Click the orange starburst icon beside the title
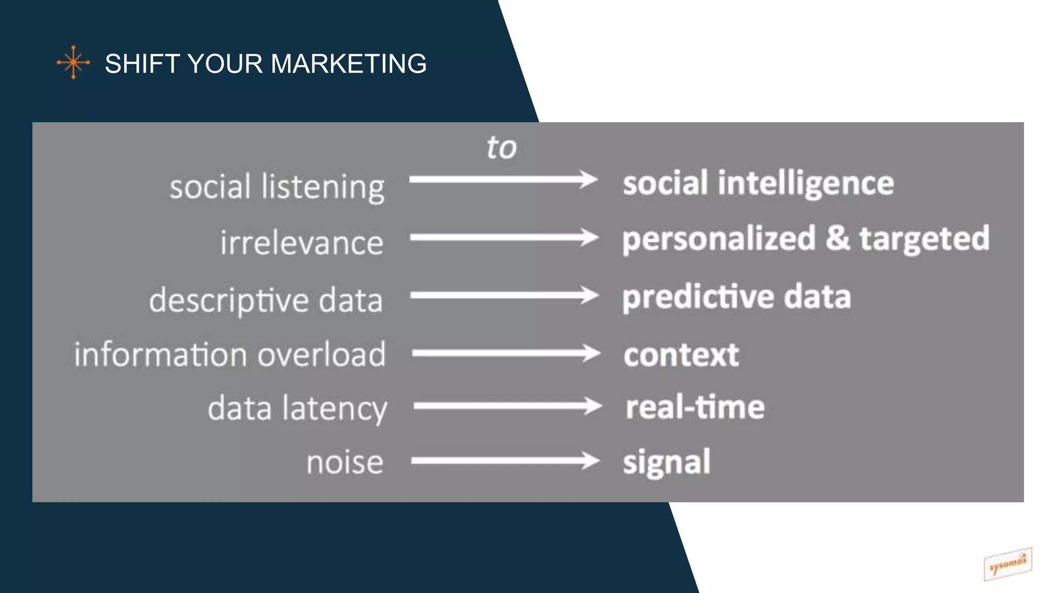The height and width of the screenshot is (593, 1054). click(x=73, y=62)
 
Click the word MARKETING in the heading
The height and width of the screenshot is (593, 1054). click(x=348, y=64)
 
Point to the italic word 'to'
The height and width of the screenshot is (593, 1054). click(x=501, y=148)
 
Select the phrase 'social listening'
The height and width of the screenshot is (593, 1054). click(x=277, y=187)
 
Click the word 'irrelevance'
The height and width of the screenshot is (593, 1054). click(x=302, y=243)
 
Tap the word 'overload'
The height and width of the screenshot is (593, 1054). click(x=321, y=355)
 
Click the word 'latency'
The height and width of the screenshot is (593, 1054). click(x=334, y=409)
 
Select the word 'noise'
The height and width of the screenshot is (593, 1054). click(x=345, y=462)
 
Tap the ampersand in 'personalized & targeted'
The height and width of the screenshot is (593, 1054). click(x=838, y=238)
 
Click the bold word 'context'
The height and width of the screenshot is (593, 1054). click(x=681, y=355)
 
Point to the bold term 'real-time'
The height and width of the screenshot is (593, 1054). click(x=695, y=407)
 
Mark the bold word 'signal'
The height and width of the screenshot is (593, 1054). click(x=666, y=462)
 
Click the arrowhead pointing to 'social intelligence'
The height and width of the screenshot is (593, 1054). click(x=588, y=180)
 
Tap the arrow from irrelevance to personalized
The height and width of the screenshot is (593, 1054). click(x=504, y=238)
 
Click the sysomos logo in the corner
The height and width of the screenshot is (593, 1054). click(x=1007, y=564)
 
